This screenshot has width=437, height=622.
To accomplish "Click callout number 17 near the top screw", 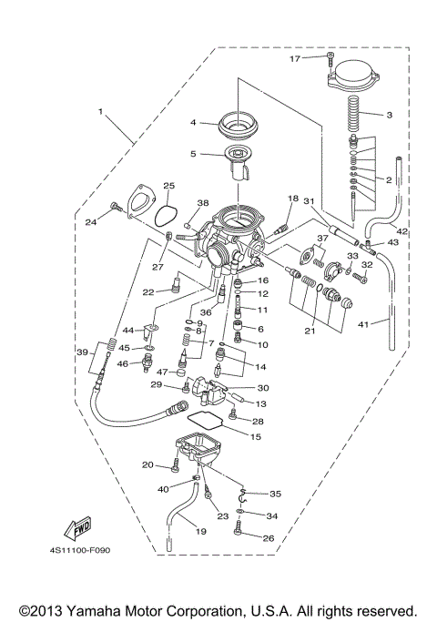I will point(294,58).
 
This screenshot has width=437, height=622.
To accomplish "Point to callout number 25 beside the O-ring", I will point(168,187).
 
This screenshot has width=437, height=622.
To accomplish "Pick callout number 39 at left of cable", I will point(82,352).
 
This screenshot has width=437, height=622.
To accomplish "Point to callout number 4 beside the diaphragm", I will point(193,122).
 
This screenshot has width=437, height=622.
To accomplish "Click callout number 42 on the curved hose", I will point(402,231).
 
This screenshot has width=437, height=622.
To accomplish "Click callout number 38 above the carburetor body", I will point(202,203).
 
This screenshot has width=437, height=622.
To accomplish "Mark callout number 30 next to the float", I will point(263,387).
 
